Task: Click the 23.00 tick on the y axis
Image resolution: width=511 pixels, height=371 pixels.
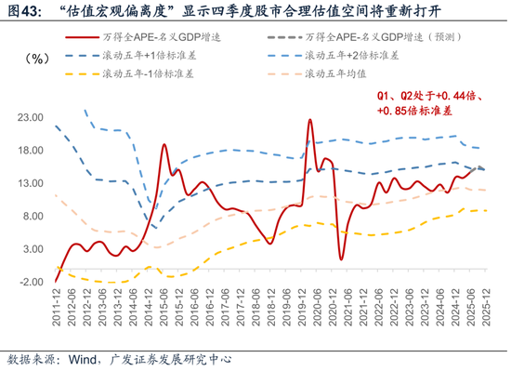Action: coord(32,118)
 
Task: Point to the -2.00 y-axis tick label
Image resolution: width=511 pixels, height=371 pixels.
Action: coord(32,281)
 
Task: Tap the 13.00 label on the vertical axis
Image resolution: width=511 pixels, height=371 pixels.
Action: coord(32,183)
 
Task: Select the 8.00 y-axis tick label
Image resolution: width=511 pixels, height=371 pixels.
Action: coord(34,216)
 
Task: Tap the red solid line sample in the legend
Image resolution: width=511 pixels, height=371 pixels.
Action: coord(82,37)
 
